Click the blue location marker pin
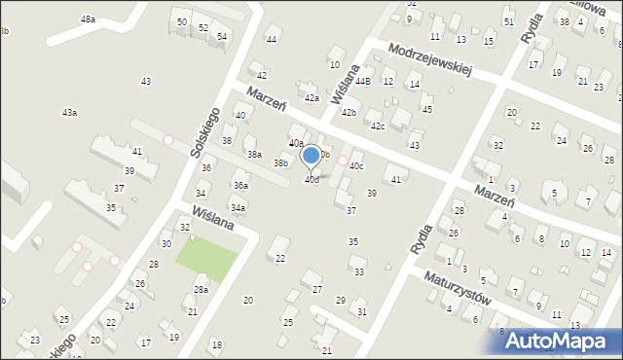pyautogui.click(x=311, y=156)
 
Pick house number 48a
pyautogui.click(x=89, y=19)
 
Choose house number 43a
pyautogui.click(x=69, y=113)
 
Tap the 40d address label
pyautogui.click(x=311, y=180)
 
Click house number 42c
pyautogui.click(x=377, y=126)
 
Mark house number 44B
pyautogui.click(x=362, y=82)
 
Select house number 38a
pyautogui.click(x=254, y=155)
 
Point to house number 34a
pyautogui.click(x=238, y=207)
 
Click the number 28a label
pyautogui.click(x=201, y=290)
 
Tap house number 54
pyautogui.click(x=222, y=36)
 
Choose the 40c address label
pyautogui.click(x=356, y=166)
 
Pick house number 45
pyautogui.click(x=426, y=110)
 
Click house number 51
pyautogui.click(x=508, y=21)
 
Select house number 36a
pyautogui.click(x=239, y=185)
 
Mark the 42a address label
pyautogui.click(x=311, y=98)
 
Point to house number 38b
pyautogui.click(x=280, y=163)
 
